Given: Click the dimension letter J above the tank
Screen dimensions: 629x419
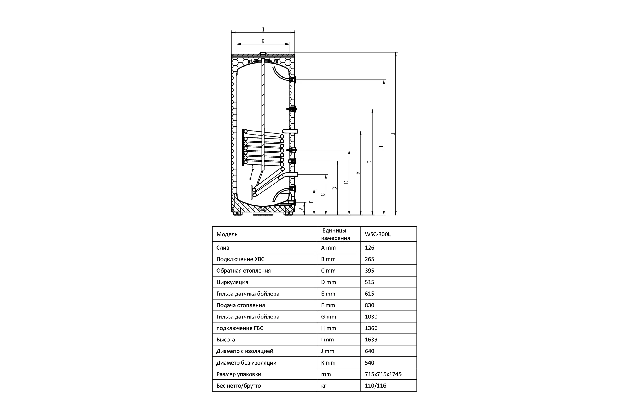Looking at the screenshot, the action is coord(263,30).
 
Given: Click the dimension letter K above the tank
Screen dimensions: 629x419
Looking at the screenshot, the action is coord(263,41).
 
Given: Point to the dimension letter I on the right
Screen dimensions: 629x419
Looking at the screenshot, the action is coord(393,133).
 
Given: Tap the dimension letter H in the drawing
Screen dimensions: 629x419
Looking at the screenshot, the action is coord(381,147).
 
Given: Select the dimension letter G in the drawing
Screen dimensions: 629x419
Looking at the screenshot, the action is coord(370,162).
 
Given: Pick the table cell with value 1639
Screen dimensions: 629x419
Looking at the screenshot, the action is coord(371,340).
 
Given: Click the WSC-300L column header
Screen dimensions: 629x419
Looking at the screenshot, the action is coord(378,234).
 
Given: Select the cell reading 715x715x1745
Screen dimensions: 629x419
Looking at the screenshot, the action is coord(383,374).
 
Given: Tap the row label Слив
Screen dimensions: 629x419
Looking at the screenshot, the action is coord(223,248).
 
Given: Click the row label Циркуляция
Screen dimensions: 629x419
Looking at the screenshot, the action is coord(232,282).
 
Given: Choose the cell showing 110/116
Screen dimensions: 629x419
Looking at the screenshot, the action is coord(376,385).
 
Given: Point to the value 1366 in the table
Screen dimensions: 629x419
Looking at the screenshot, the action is coord(371,328).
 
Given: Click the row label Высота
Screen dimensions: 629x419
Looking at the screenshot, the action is coord(226,340).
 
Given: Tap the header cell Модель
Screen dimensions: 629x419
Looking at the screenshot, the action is coord(227,234).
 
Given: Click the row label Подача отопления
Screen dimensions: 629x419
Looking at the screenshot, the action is coord(241,305).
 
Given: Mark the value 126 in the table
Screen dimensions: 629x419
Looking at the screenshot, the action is coord(369,248).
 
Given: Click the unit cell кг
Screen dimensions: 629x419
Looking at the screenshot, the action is coord(324,386).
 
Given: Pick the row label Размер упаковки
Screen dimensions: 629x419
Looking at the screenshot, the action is coord(238,374).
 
